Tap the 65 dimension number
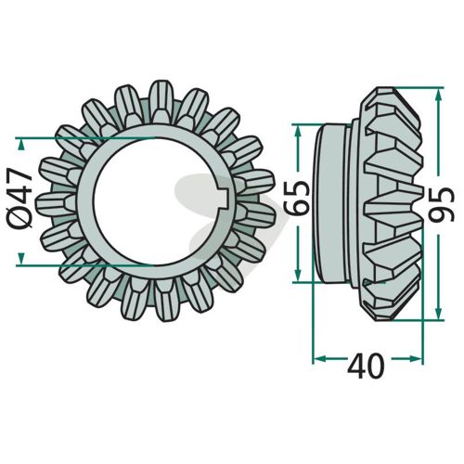click(x=298, y=198)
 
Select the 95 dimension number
click(x=443, y=205)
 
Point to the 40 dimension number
click(x=367, y=366)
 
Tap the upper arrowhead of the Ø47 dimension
click(x=20, y=145)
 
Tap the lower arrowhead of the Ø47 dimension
click(x=20, y=258)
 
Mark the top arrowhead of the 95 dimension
click(x=438, y=95)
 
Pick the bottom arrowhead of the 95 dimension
click(x=438, y=314)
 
